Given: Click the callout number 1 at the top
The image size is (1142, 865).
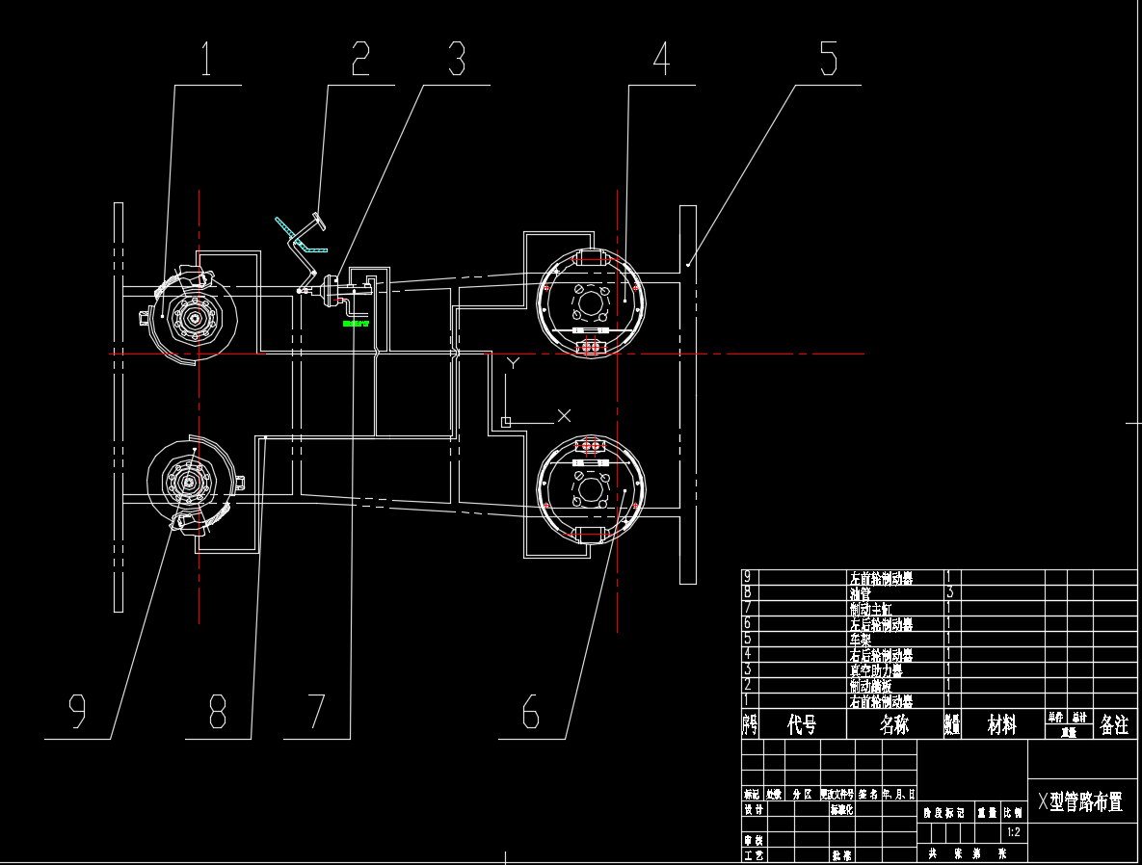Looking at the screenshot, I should [x=205, y=59].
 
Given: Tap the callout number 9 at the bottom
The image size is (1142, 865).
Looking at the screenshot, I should [x=78, y=712].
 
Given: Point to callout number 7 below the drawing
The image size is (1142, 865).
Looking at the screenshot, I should [x=316, y=712].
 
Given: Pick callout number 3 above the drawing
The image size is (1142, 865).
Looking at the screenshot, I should [x=456, y=59].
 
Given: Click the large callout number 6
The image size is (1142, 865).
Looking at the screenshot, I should [x=531, y=712].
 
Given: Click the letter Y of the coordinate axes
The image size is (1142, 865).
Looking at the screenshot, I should [x=514, y=364].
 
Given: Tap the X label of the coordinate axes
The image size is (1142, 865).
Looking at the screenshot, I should [x=565, y=415].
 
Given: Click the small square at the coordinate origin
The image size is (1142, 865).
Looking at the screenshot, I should [x=505, y=421].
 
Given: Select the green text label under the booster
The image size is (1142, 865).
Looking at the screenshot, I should [x=356, y=325].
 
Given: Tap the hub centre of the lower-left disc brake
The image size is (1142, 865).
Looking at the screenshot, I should [x=190, y=480].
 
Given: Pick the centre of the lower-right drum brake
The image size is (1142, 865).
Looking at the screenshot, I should [x=590, y=489].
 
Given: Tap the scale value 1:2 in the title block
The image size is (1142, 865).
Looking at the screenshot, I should [x=1013, y=832].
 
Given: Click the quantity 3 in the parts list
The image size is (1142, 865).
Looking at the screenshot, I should [x=950, y=592].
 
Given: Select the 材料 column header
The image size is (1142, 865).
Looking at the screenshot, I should [x=1001, y=725].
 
